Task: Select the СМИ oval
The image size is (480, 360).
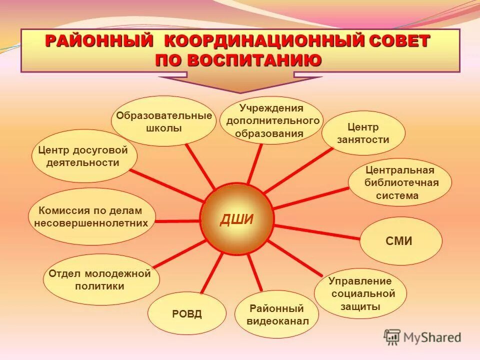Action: click(x=401, y=241)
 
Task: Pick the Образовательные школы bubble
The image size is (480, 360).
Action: click(x=163, y=121)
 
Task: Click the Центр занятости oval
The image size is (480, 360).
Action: click(x=363, y=133)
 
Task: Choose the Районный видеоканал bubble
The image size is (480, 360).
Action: click(x=276, y=314)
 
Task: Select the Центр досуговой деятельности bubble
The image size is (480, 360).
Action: click(x=84, y=156)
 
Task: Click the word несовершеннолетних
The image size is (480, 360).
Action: click(x=91, y=223)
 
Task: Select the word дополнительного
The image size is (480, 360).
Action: click(x=272, y=121)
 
